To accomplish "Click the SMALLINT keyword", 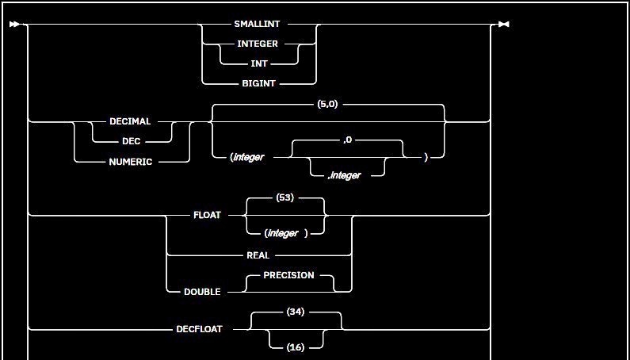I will click(x=257, y=25).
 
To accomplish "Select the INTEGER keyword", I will click(x=258, y=44).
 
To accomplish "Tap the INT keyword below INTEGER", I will click(x=259, y=63).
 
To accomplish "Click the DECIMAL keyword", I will click(x=130, y=122).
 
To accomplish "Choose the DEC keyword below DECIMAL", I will click(x=130, y=141).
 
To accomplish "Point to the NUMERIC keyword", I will click(x=130, y=161).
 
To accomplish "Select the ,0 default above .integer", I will click(x=348, y=141).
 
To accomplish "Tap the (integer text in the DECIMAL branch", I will click(x=247, y=157).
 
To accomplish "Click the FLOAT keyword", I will click(x=208, y=215).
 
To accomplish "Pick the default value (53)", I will click(x=285, y=198).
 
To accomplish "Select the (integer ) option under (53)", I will click(x=285, y=233).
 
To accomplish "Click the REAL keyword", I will click(x=258, y=255).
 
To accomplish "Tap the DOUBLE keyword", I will click(x=202, y=292).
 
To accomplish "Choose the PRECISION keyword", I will click(x=288, y=275).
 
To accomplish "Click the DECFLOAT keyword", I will click(x=199, y=328).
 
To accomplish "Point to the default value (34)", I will click(x=296, y=312).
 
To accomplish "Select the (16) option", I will click(x=296, y=347).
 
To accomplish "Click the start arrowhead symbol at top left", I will click(x=14, y=25).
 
